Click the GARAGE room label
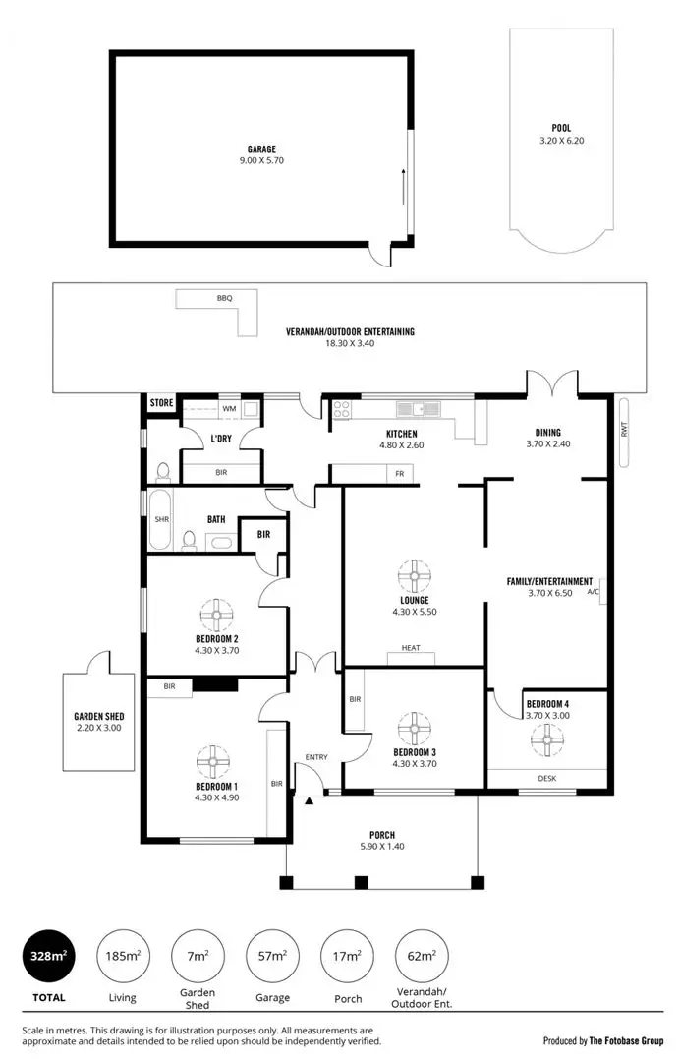pos(260,149)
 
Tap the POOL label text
pos(561,127)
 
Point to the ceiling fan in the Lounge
pos(414,574)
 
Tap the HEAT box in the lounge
pos(411,647)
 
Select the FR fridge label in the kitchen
pos(399,474)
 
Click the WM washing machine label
pos(228,408)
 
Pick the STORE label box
pos(161,403)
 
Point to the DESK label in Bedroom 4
pos(547,777)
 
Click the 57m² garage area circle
pos(272,955)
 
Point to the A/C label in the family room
pos(593,593)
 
